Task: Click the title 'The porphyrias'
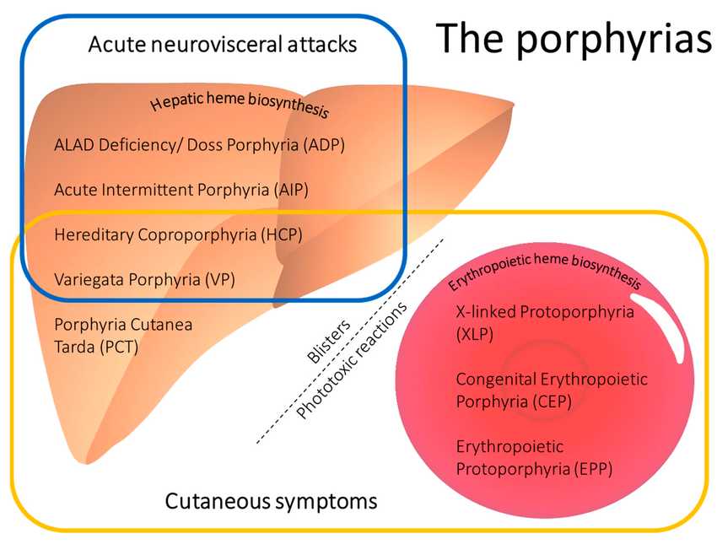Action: pos(574,39)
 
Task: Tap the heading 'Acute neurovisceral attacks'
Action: pos(222,44)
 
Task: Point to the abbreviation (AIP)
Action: pos(291,190)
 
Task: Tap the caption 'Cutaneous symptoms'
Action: pos(270,503)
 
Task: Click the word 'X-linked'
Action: pos(486,312)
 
